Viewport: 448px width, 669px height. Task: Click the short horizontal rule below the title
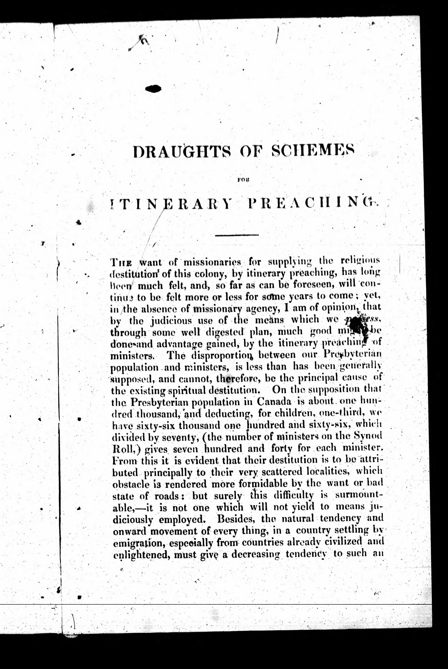pos(236,235)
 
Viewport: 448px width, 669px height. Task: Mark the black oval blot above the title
pos(153,89)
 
